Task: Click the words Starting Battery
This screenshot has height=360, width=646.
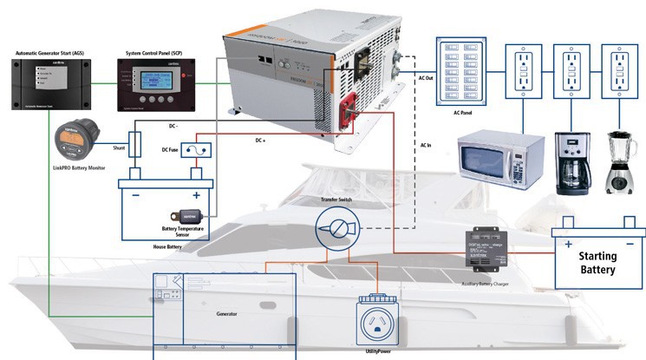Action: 598,262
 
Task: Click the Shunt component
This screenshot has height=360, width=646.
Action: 135,144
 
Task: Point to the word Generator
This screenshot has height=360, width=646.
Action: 226,313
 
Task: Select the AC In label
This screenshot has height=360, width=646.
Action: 426,145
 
